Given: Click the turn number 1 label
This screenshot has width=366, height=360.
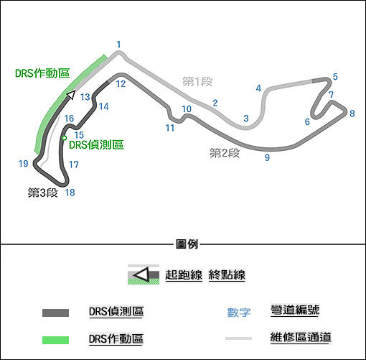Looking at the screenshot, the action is (x=118, y=45).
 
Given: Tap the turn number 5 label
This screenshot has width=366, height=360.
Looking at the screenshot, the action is (x=335, y=77).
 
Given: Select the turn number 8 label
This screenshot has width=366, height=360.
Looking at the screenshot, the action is (x=352, y=114).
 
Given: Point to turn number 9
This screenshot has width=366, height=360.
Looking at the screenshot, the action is (x=267, y=157).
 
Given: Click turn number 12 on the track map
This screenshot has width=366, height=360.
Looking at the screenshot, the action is (x=121, y=84).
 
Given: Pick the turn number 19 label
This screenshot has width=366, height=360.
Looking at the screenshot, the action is (x=24, y=164).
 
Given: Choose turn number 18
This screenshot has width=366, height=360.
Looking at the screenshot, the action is (x=70, y=193).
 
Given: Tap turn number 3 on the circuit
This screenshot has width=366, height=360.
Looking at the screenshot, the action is (x=246, y=118).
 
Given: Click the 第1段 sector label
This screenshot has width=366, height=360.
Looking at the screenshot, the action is (x=197, y=82).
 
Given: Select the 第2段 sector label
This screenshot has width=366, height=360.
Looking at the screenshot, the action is (x=225, y=153).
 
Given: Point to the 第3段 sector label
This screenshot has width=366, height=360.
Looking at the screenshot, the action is (x=43, y=193).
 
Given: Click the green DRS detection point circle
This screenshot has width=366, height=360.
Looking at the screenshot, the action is (x=64, y=138).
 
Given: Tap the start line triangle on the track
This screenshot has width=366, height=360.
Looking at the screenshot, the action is (x=71, y=95).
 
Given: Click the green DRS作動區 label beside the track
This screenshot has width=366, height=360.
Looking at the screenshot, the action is (x=42, y=73).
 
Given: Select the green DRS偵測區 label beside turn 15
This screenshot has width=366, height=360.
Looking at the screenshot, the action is (x=96, y=144).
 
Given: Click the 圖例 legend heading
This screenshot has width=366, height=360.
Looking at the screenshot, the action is (x=187, y=244).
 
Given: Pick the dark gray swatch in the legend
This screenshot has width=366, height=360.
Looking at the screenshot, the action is (x=55, y=313).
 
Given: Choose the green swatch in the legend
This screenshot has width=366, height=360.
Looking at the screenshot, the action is (x=55, y=340).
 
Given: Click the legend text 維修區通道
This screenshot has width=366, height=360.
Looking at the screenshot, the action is (x=301, y=337).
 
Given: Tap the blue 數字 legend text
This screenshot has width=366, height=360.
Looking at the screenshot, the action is (x=239, y=313).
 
